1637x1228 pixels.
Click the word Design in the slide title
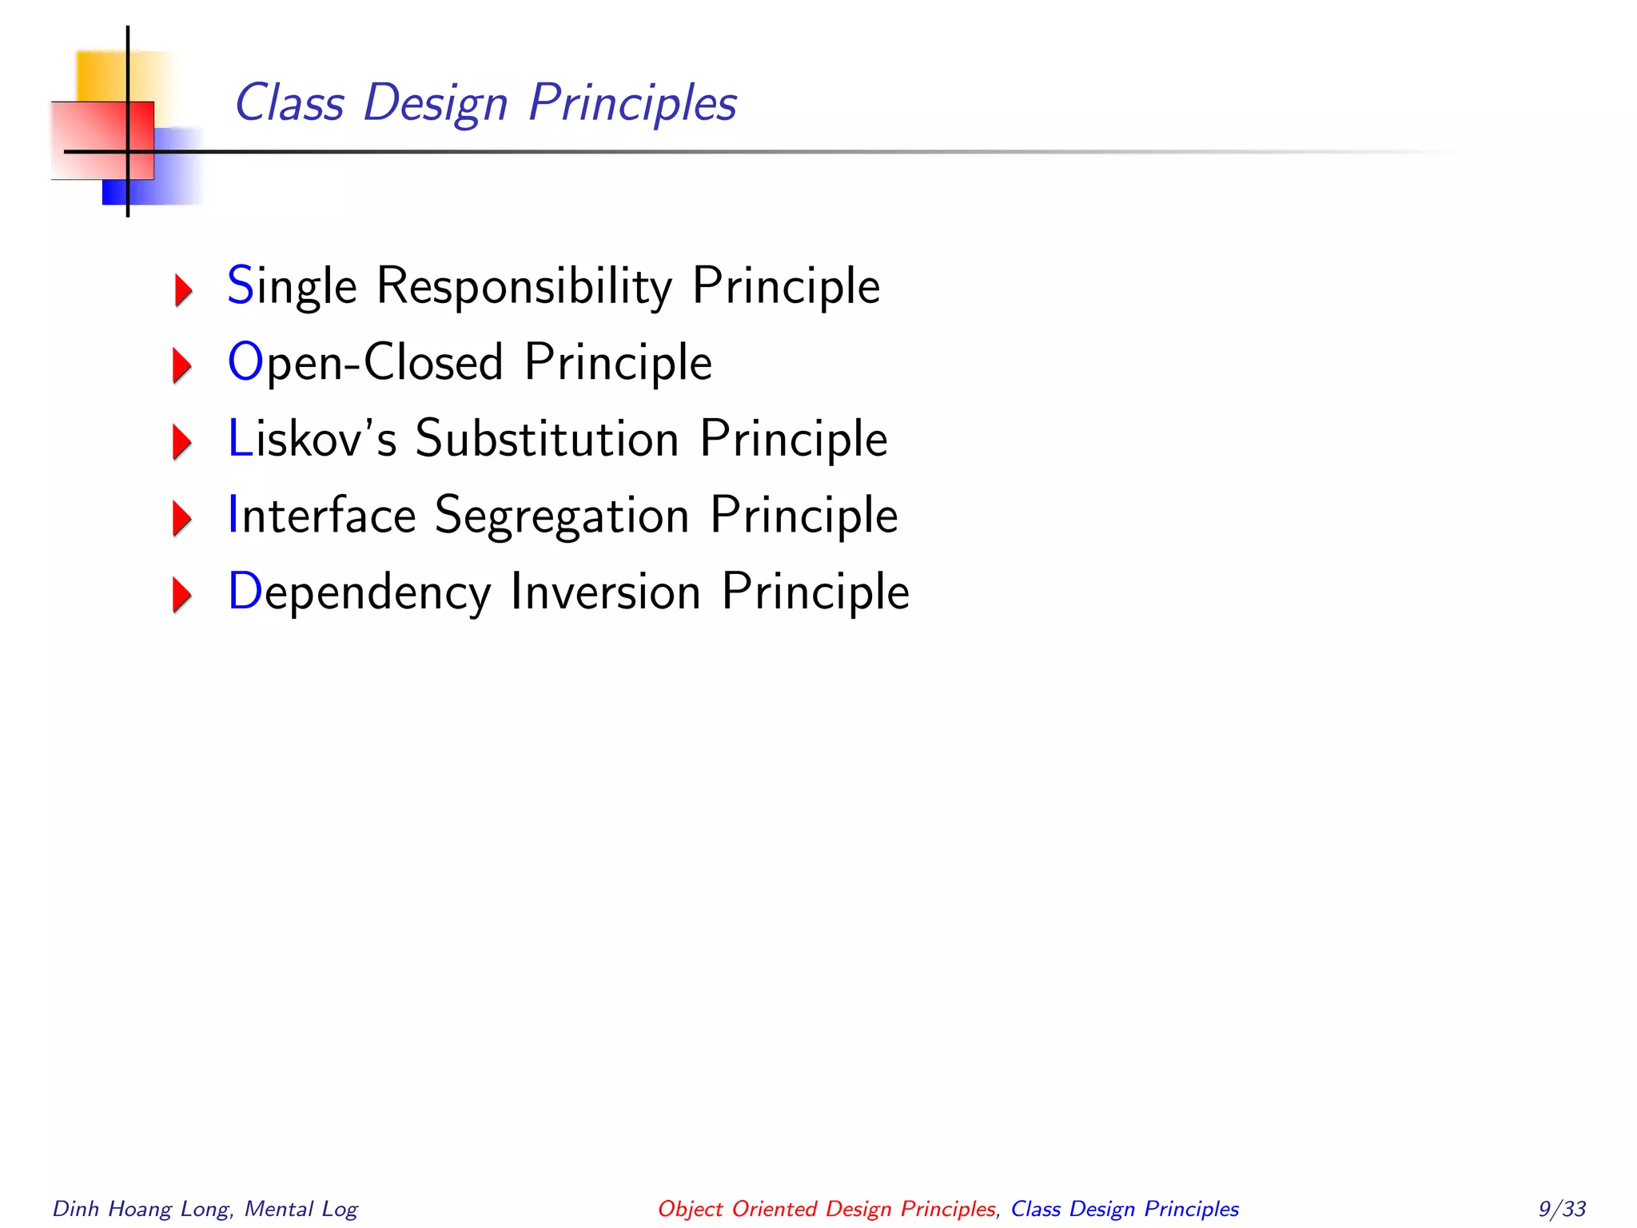(x=436, y=104)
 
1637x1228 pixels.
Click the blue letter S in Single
(x=240, y=285)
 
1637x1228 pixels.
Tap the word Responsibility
(x=524, y=286)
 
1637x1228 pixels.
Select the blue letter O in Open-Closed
(x=245, y=361)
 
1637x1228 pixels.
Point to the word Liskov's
(x=313, y=439)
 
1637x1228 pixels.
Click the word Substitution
(x=547, y=439)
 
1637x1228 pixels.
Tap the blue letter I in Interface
(x=233, y=514)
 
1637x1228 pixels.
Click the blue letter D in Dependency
(x=245, y=591)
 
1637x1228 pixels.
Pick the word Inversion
(x=605, y=592)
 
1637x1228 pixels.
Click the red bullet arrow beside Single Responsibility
(x=183, y=289)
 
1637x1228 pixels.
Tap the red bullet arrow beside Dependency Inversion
(x=182, y=595)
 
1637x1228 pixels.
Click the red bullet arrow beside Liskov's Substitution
(x=182, y=442)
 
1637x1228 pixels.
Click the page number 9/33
(x=1562, y=1209)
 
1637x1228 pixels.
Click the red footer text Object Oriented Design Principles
(x=826, y=1209)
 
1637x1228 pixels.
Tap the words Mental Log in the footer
(x=301, y=1209)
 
